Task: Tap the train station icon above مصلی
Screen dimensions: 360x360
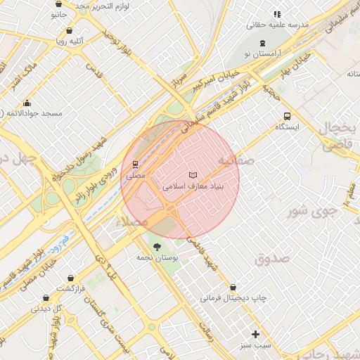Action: pos(135,163)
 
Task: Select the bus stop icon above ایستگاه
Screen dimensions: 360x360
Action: pos(287,116)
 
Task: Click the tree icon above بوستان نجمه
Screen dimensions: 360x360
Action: pos(157,247)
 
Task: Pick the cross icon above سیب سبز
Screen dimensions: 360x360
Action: pos(255,334)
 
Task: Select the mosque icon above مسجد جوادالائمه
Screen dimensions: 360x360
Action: pos(27,103)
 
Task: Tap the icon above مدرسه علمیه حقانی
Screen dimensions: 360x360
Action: pos(277,13)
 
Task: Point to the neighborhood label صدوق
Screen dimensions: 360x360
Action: pos(272,258)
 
